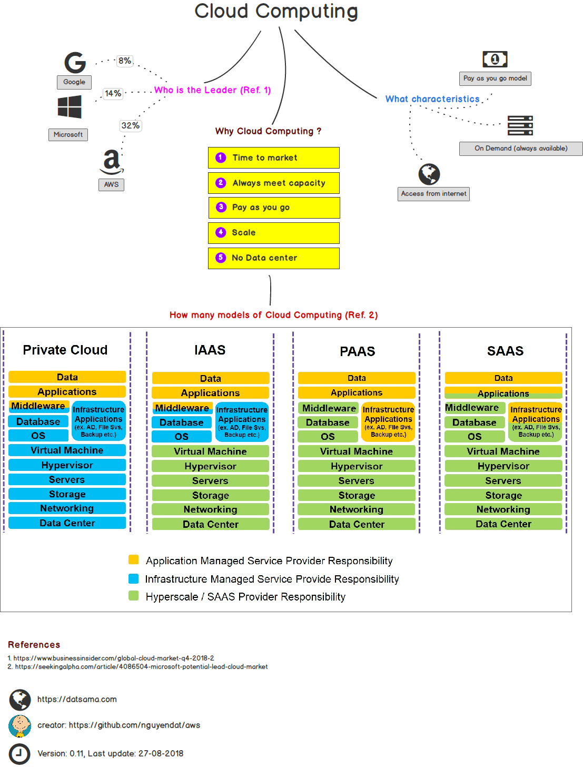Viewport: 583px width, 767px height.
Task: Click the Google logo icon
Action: (x=75, y=62)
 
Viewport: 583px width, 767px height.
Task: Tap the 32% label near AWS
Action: (x=130, y=125)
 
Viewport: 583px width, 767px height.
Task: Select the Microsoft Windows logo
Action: (x=70, y=107)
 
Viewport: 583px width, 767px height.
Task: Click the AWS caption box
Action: (x=111, y=185)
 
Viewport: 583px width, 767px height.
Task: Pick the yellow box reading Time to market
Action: (x=273, y=158)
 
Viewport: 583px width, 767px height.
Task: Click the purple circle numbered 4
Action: (x=221, y=232)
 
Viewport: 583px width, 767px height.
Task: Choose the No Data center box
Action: (x=273, y=258)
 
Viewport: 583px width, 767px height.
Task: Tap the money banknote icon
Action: (x=495, y=59)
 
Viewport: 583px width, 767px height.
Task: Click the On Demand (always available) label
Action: (x=520, y=149)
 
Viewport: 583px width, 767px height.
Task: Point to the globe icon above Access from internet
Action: (x=429, y=174)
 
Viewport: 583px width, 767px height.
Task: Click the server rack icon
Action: (x=520, y=125)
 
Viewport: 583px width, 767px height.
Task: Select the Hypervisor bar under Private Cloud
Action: (x=67, y=465)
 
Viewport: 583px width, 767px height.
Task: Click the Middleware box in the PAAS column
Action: (x=329, y=408)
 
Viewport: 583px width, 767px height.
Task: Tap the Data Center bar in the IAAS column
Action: (x=210, y=524)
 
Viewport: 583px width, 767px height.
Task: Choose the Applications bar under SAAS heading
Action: (x=503, y=394)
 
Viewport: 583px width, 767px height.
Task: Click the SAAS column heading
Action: (x=505, y=351)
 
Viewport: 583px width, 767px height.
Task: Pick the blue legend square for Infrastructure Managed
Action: (x=134, y=578)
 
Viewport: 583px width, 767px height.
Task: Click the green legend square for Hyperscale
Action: (x=134, y=596)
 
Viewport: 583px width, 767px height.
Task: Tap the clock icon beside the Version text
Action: (x=20, y=753)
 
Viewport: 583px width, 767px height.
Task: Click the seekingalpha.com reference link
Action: (x=141, y=667)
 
